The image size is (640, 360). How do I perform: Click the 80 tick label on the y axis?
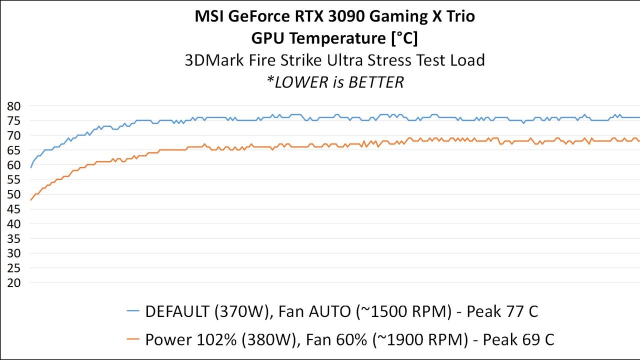(x=13, y=106)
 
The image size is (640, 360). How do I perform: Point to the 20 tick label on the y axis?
(x=13, y=283)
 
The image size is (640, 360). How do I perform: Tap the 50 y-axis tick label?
(x=13, y=194)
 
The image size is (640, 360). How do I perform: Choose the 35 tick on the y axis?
(x=13, y=238)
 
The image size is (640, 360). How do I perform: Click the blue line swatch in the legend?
(x=133, y=311)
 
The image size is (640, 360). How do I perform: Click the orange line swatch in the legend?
(x=133, y=340)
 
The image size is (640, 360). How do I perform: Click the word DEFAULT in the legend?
(x=177, y=311)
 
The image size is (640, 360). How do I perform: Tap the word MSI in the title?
(x=209, y=16)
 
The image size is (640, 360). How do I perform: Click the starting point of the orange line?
(x=31, y=200)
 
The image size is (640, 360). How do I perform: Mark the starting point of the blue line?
(x=31, y=167)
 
